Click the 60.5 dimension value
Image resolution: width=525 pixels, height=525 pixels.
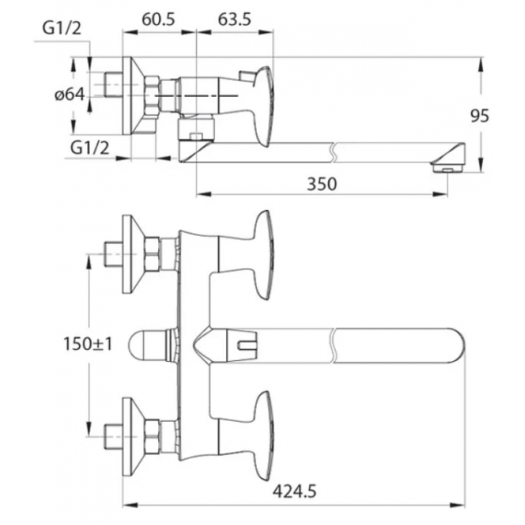[158, 19]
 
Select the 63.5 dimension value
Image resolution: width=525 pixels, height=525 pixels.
[234, 19]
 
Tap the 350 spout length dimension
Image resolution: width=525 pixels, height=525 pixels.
[321, 184]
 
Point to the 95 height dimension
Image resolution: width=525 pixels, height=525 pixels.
[480, 115]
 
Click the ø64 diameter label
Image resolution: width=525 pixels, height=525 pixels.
[69, 94]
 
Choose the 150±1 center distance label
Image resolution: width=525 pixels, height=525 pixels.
[88, 343]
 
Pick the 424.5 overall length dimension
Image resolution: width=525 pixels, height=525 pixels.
[294, 492]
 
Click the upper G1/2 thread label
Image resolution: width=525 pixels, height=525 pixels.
[61, 28]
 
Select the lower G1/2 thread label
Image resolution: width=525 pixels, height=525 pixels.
[90, 147]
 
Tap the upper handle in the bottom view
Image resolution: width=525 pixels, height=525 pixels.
[263, 254]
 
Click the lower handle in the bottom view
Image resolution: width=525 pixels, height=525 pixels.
[263, 435]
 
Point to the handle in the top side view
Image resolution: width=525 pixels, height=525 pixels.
[263, 107]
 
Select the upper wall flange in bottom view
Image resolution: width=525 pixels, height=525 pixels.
[133, 254]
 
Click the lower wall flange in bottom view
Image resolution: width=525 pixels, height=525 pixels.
[133, 437]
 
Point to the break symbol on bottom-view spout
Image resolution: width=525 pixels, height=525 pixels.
[333, 346]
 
